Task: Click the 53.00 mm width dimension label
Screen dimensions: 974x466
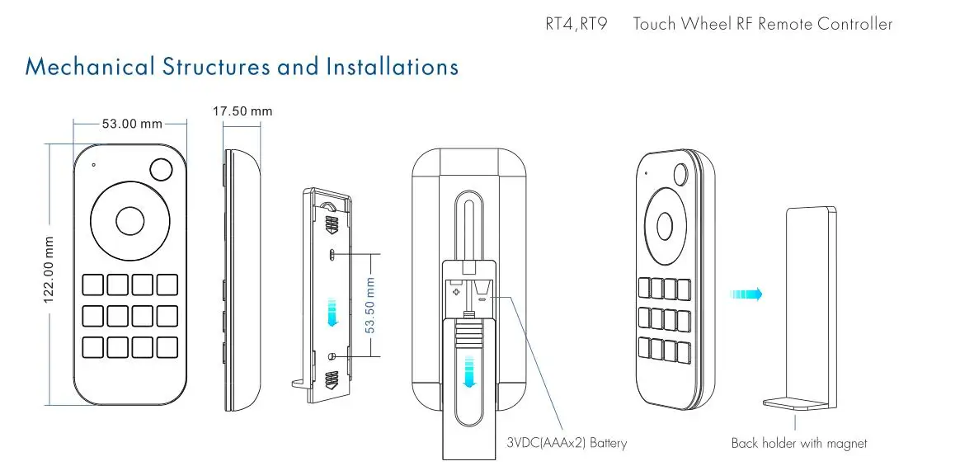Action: coord(132,125)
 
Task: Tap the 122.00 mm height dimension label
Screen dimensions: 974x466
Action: coord(49,270)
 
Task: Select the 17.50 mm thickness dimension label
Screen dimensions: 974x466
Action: coord(242,111)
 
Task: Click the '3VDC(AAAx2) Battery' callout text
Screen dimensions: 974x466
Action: coord(567,444)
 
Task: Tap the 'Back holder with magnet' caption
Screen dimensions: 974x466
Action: coord(799,444)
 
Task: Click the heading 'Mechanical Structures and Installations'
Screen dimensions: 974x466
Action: coord(242,66)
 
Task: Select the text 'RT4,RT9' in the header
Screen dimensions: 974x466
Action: coord(576,24)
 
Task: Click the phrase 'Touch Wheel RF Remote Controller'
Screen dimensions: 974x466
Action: coord(762,24)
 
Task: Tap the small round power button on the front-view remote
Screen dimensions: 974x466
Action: coord(161,170)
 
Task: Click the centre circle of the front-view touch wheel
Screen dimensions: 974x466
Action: coord(130,220)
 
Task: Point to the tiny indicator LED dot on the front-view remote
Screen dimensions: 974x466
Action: coord(94,164)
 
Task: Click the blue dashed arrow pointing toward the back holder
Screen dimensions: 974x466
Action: coord(746,294)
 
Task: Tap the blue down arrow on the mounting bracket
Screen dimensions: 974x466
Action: coord(332,313)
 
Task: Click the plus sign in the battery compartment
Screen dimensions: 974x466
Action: coord(454,290)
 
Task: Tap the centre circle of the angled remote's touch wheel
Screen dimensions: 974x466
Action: coord(664,225)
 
